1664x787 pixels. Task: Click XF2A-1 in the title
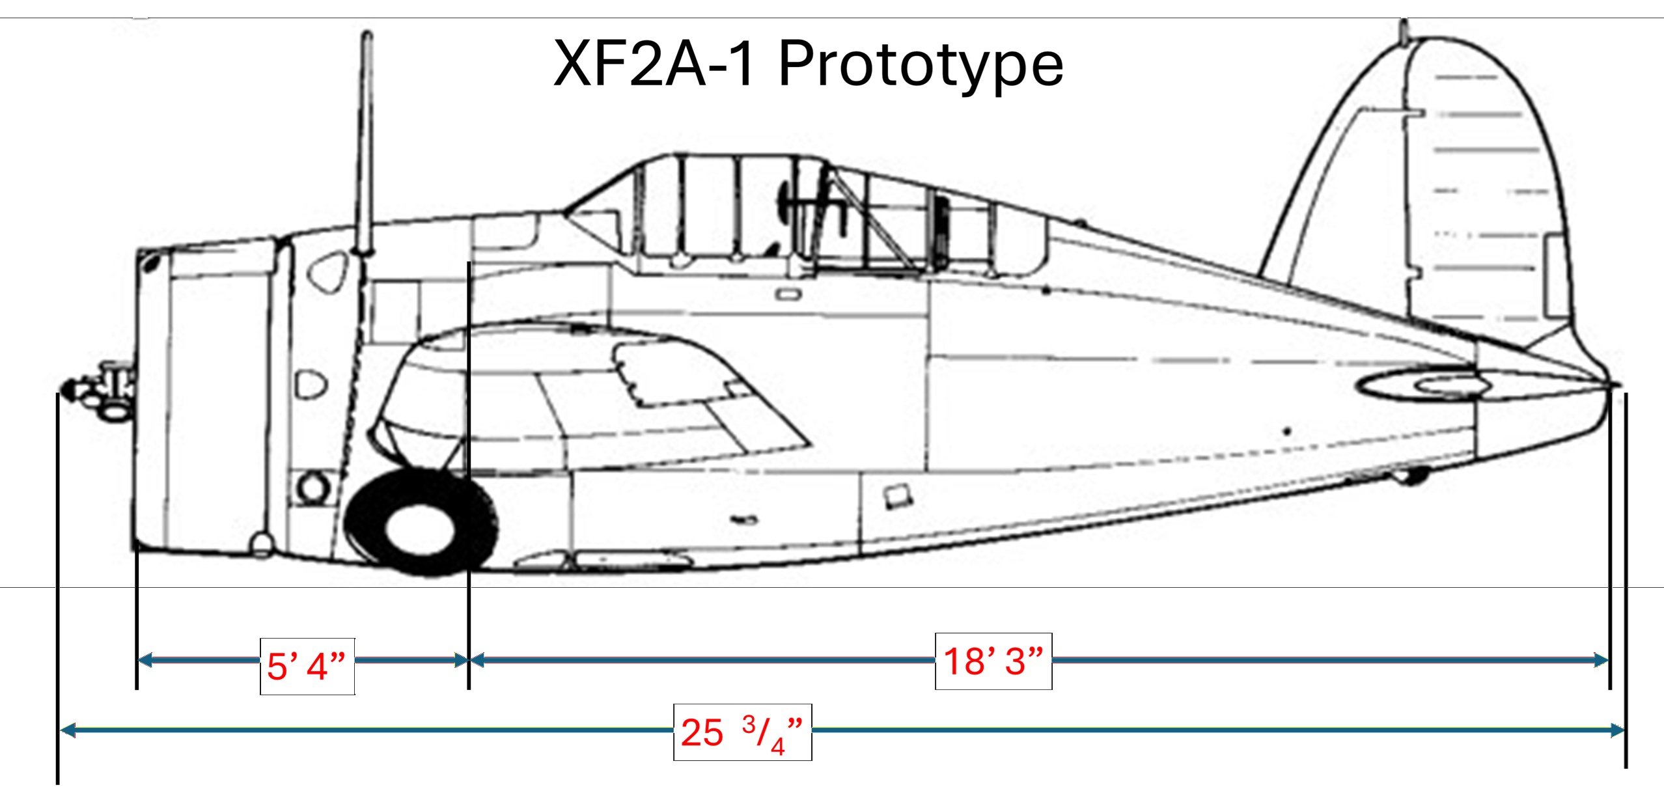(x=654, y=64)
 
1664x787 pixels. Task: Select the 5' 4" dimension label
(x=307, y=667)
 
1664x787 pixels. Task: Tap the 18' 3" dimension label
(x=993, y=661)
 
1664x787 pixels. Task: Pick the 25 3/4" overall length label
(x=742, y=732)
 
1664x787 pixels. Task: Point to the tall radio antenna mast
(x=366, y=143)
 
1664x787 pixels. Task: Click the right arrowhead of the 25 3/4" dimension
(x=1618, y=730)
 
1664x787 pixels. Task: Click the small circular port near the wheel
(x=312, y=487)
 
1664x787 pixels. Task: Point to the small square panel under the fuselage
(x=897, y=496)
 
